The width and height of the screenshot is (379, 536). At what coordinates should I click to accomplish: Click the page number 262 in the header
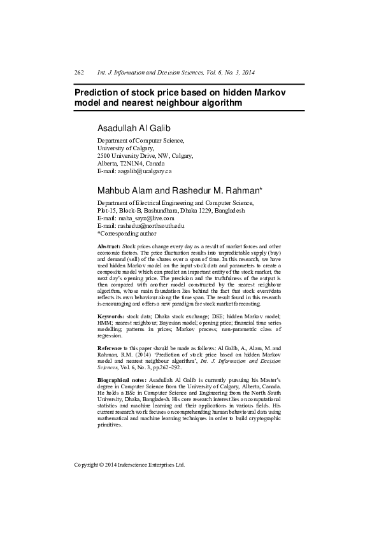80,73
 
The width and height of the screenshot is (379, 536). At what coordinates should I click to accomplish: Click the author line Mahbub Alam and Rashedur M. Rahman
176,190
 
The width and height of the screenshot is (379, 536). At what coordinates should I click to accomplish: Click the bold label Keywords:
110,316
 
